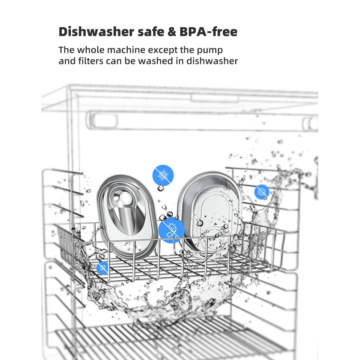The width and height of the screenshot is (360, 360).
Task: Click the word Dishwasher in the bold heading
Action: [x=96, y=31]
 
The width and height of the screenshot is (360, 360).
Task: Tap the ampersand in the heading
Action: [x=171, y=32]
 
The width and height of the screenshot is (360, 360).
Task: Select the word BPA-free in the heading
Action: [x=208, y=31]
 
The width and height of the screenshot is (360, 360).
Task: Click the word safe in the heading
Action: [x=151, y=31]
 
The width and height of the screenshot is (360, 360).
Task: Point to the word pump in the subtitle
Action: [x=210, y=51]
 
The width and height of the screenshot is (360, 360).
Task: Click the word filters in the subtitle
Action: [x=91, y=61]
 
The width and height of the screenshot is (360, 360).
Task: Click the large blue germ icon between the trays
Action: [x=171, y=230]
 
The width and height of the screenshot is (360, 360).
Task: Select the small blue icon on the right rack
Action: [x=262, y=192]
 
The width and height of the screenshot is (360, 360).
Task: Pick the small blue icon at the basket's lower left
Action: [x=102, y=268]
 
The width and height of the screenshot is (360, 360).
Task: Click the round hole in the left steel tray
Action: [x=125, y=198]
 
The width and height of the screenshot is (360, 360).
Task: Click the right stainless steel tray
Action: [x=210, y=213]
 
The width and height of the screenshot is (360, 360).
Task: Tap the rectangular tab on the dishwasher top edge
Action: [x=214, y=98]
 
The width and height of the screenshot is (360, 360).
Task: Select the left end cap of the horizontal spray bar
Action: [x=102, y=120]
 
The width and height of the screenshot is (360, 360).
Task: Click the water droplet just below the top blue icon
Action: [x=161, y=188]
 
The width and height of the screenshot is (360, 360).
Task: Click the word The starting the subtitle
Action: [x=66, y=50]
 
